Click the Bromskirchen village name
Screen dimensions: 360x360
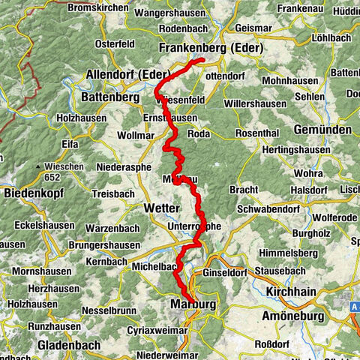pyautogui.click(x=97, y=8)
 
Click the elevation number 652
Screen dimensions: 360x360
pyautogui.click(x=52, y=177)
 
